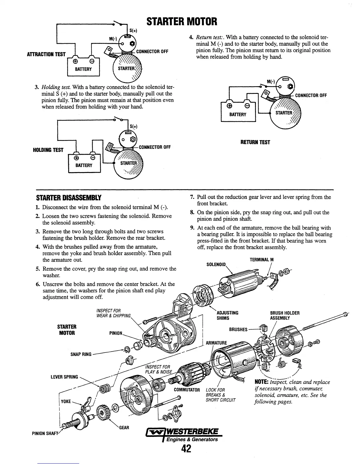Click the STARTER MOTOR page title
(x=182, y=21)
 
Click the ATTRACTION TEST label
(x=46, y=54)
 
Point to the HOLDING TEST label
(x=48, y=150)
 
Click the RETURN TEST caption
(x=255, y=142)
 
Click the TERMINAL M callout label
(x=261, y=260)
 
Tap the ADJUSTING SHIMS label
(x=227, y=315)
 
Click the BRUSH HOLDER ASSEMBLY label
(x=285, y=315)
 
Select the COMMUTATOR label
(x=187, y=390)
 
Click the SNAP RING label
(x=81, y=354)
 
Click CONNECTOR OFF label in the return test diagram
(x=311, y=95)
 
